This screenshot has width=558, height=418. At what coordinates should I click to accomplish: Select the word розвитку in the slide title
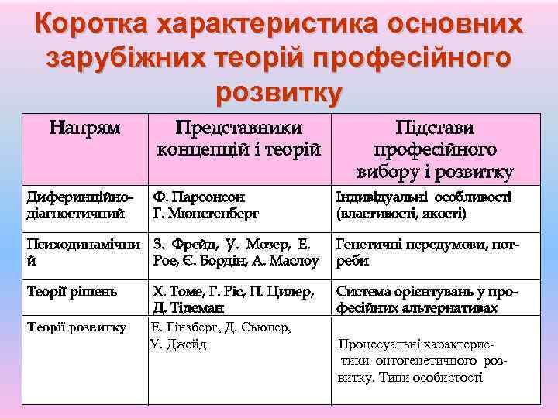pyautogui.click(x=279, y=91)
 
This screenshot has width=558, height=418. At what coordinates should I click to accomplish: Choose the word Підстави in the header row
pyautogui.click(x=435, y=128)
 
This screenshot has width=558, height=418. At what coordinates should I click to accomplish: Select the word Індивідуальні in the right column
pyautogui.click(x=381, y=197)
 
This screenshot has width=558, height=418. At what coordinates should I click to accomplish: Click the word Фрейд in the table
pyautogui.click(x=197, y=245)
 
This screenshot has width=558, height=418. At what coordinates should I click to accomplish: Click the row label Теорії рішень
pyautogui.click(x=72, y=292)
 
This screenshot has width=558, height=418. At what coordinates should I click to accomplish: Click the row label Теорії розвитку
pyautogui.click(x=77, y=327)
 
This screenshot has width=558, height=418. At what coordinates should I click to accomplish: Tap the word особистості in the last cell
pyautogui.click(x=449, y=378)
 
